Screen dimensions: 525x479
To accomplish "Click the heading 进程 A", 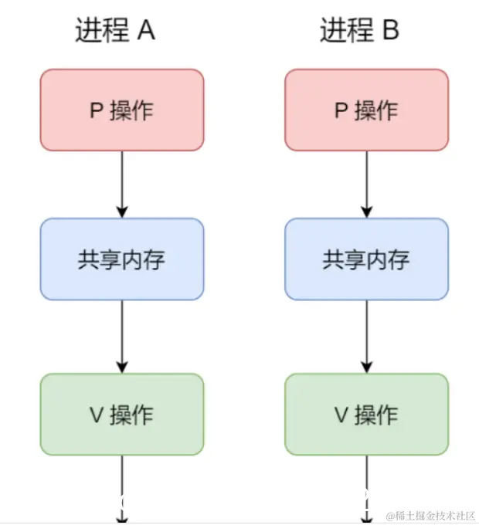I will click(x=115, y=30).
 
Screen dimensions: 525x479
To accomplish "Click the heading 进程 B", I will click(x=360, y=30).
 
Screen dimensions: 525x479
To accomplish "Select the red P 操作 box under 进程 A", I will click(x=122, y=110).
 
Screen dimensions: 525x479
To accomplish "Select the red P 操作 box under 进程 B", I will click(x=366, y=110).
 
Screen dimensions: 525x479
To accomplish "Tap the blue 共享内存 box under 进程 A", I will click(x=122, y=259).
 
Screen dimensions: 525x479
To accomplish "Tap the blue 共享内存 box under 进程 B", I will click(x=366, y=259).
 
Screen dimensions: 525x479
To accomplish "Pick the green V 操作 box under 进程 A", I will click(x=122, y=415).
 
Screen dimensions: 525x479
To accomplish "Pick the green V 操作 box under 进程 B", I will click(x=366, y=415).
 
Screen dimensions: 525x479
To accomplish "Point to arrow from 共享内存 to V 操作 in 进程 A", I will click(x=122, y=336).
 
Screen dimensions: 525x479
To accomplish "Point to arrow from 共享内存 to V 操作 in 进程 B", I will click(x=367, y=336).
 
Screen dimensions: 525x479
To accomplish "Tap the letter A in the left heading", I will click(x=146, y=30).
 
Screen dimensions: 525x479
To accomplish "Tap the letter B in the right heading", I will click(x=390, y=30).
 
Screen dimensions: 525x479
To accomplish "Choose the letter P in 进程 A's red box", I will click(x=97, y=110).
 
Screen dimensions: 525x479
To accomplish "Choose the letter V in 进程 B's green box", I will click(x=341, y=415).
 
